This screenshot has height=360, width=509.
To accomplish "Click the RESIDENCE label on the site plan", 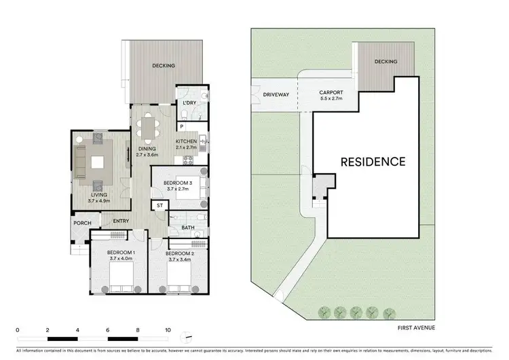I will click(373, 162).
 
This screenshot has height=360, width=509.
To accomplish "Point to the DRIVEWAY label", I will click(277, 95).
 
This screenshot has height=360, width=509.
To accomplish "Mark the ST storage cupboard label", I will click(160, 204).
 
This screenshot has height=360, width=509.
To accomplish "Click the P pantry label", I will click(182, 126).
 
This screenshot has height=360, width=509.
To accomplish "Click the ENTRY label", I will click(121, 221).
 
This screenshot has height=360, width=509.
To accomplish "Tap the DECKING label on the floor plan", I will click(164, 66).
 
